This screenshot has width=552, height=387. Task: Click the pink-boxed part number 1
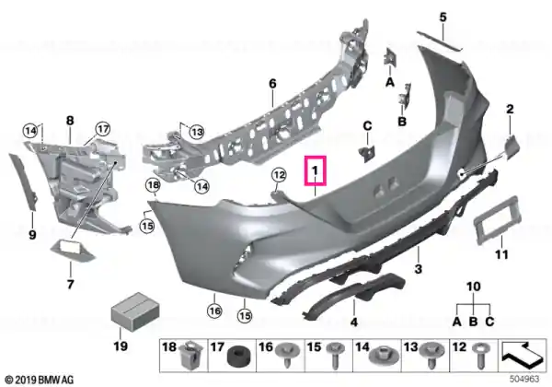[x=315, y=170]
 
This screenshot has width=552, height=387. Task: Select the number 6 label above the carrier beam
[x=272, y=84]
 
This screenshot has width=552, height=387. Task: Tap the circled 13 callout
[x=197, y=133]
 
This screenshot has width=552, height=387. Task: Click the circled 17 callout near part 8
[x=103, y=129]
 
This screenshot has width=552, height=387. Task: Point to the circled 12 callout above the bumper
[x=279, y=174]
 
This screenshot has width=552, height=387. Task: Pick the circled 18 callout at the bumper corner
[x=154, y=184]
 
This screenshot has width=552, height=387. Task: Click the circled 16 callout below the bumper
[x=214, y=311]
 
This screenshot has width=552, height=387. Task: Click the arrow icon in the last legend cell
[x=523, y=355]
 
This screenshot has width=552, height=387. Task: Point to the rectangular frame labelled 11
[x=497, y=220]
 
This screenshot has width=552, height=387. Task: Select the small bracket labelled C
[x=366, y=154]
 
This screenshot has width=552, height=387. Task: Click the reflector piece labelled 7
[x=72, y=250]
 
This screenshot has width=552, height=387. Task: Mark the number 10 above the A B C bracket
[x=474, y=287]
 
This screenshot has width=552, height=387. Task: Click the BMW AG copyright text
[x=39, y=380]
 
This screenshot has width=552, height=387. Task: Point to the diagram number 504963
[x=524, y=379]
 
